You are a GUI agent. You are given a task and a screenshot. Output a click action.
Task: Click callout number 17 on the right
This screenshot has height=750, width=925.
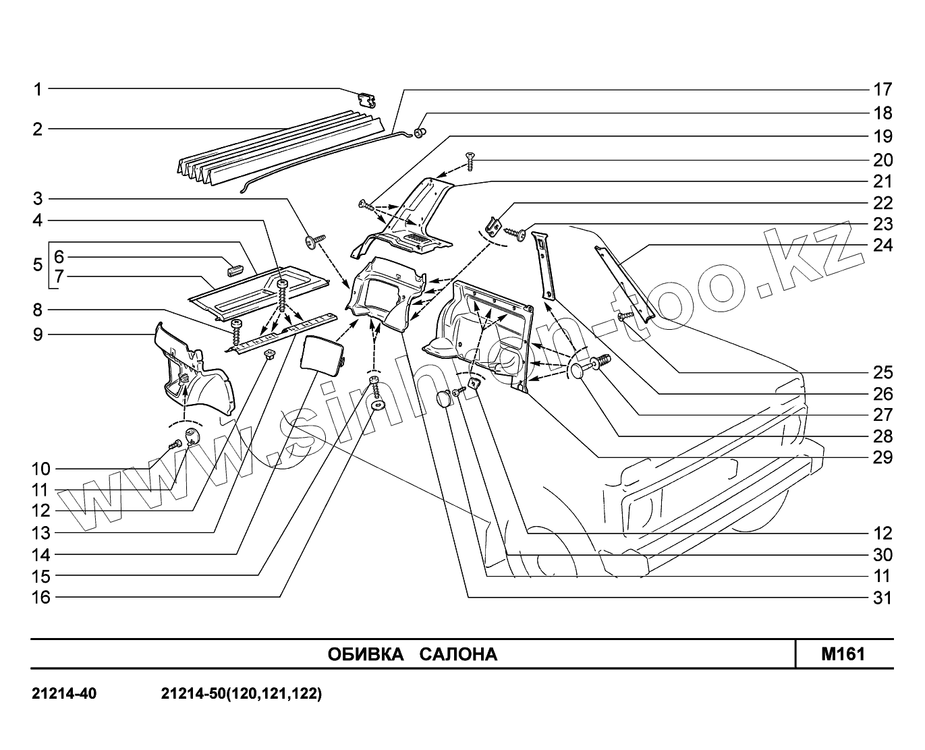pyautogui.click(x=882, y=89)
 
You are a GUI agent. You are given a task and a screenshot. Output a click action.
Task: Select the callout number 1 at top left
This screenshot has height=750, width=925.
pyautogui.click(x=38, y=89)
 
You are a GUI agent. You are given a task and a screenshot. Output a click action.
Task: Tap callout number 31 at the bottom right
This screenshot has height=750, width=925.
pyautogui.click(x=882, y=598)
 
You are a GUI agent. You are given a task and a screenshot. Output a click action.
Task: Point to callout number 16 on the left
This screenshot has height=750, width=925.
pyautogui.click(x=42, y=598)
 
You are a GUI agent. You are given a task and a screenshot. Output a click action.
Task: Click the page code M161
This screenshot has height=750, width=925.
pyautogui.click(x=843, y=654)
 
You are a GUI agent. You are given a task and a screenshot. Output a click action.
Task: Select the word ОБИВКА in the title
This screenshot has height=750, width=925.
pyautogui.click(x=365, y=654)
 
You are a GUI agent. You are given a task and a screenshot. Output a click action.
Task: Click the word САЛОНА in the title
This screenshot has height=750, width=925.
pyautogui.click(x=458, y=654)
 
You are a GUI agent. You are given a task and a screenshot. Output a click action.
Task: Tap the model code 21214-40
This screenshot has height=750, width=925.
pyautogui.click(x=64, y=693)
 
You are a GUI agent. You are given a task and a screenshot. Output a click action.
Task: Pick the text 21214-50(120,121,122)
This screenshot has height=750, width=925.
pyautogui.click(x=242, y=693)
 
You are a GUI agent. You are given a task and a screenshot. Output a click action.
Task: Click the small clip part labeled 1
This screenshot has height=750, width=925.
pyautogui.click(x=366, y=100)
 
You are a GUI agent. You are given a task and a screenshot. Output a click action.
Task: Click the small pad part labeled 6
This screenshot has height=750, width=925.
pyautogui.click(x=234, y=270)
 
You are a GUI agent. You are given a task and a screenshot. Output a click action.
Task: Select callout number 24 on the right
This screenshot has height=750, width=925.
pyautogui.click(x=882, y=245)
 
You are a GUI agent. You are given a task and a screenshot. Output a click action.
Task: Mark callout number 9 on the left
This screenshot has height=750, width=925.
pyautogui.click(x=38, y=334)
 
